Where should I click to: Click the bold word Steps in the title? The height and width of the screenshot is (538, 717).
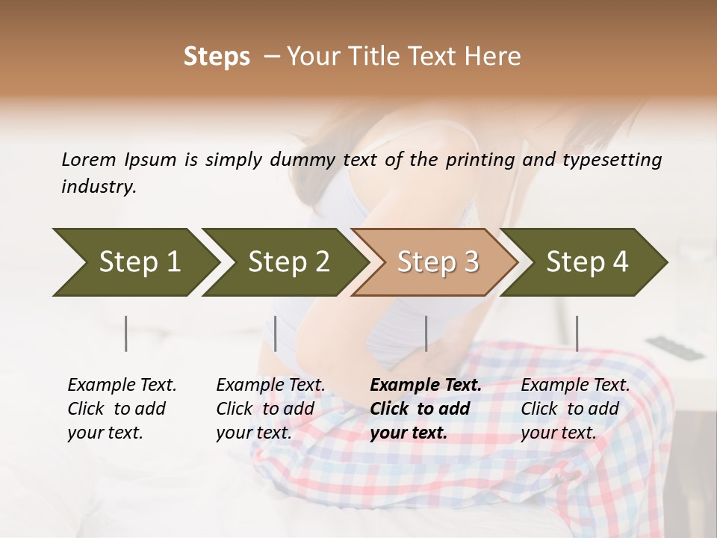pyautogui.click(x=217, y=57)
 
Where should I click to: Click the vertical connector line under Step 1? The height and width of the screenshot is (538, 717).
pyautogui.click(x=126, y=333)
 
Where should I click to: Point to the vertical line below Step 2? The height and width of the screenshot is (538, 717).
pyautogui.click(x=276, y=333)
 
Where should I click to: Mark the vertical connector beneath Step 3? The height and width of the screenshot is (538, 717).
pyautogui.click(x=426, y=333)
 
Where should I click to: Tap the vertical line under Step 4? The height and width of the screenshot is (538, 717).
pyautogui.click(x=577, y=333)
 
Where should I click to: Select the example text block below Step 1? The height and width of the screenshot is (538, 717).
pyautogui.click(x=122, y=409)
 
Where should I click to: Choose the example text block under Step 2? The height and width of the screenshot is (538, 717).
pyautogui.click(x=270, y=409)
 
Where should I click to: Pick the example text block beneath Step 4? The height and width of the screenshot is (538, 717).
pyautogui.click(x=575, y=409)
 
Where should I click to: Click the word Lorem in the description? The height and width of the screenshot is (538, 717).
pyautogui.click(x=89, y=159)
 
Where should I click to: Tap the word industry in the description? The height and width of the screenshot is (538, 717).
pyautogui.click(x=99, y=186)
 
